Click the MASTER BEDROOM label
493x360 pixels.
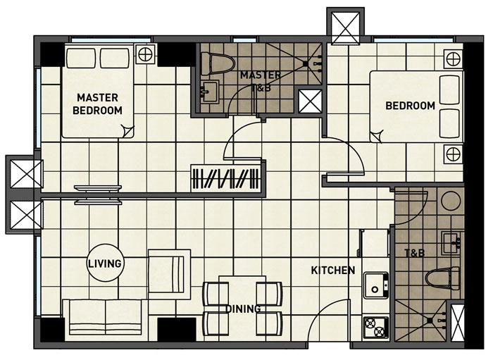97,104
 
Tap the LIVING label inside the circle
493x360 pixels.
105,263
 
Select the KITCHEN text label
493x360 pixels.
333,270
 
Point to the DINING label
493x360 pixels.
244,309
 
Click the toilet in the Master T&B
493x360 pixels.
218,64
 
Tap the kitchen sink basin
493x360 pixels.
376,285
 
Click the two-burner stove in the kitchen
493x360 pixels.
375,328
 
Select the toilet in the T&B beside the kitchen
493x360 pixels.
443,278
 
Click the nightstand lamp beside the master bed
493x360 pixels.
145,54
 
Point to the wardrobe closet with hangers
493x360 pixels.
226,178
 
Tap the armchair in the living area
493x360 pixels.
169,274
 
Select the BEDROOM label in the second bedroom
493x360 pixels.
410,106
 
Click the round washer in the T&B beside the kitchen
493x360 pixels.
451,200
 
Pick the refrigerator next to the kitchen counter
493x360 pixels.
374,243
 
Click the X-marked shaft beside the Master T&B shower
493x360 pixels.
310,101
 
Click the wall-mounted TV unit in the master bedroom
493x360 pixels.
98,195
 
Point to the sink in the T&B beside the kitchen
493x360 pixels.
451,243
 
